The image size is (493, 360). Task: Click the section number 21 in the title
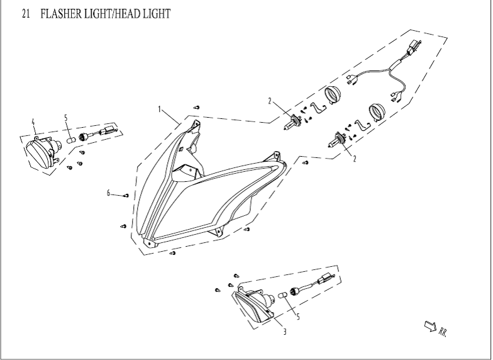26,13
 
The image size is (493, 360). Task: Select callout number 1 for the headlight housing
160,109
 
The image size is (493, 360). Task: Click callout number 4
34,121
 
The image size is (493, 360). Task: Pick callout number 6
109,193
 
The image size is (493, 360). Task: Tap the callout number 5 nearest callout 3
297,317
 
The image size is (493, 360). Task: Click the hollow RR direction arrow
431,325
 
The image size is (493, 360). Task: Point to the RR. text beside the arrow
443,329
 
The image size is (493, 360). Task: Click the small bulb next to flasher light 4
71,138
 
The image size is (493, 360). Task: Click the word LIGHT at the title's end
157,13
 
